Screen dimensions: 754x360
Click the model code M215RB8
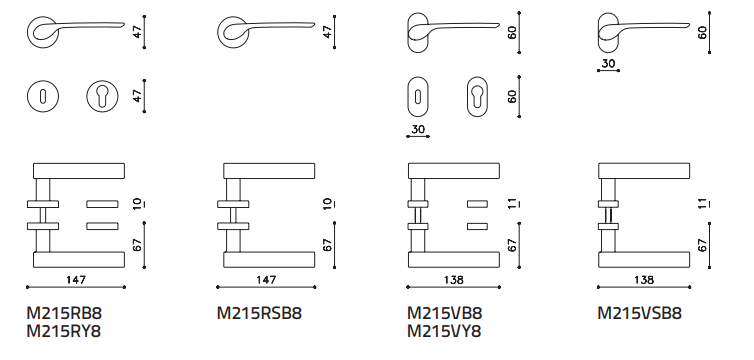point(64,313)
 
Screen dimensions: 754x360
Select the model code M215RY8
point(64,331)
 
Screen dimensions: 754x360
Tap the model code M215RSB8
point(259,313)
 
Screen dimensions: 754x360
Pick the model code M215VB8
point(444,313)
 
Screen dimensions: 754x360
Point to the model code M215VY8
point(444,331)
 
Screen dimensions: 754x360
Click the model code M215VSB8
point(640,313)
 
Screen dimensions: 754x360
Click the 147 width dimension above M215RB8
point(76,280)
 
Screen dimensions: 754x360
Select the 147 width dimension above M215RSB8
point(266,280)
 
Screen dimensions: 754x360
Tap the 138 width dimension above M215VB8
point(454,280)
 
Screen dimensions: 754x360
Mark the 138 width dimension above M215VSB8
point(644,280)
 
